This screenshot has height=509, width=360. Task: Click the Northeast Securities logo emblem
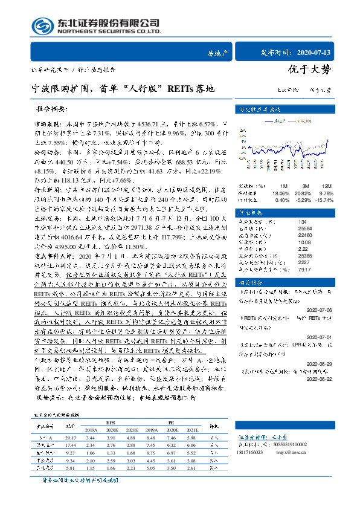pos(42,25)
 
